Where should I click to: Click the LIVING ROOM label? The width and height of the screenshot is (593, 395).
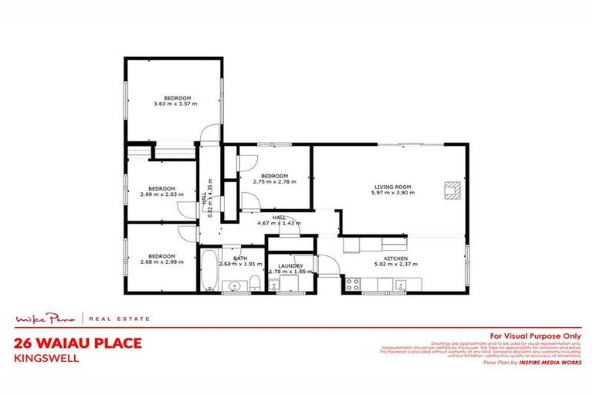(390, 186)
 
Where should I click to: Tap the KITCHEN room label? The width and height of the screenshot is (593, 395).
(397, 258)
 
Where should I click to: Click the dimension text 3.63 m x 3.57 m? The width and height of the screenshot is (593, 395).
(175, 103)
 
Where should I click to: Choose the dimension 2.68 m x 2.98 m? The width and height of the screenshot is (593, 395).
(162, 262)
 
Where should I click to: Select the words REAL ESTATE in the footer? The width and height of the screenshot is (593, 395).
(120, 319)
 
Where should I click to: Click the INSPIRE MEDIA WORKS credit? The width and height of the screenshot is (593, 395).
(549, 361)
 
